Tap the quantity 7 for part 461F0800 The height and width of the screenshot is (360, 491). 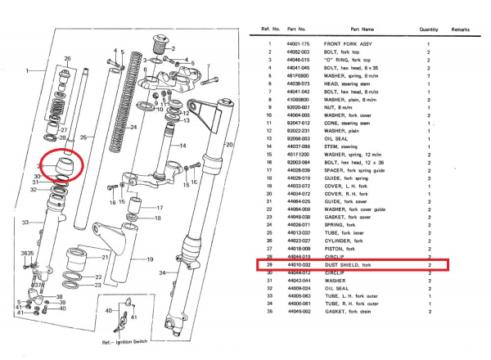pyautogui.click(x=429, y=76)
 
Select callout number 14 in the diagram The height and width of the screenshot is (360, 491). pyautogui.click(x=183, y=146)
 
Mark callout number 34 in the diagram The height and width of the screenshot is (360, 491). pyautogui.click(x=162, y=272)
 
